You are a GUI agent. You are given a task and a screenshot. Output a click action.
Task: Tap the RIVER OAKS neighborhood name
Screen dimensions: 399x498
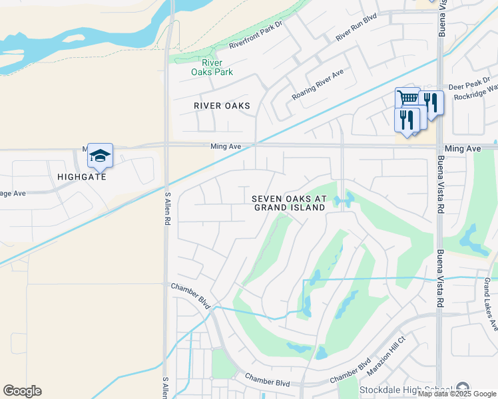click(222, 106)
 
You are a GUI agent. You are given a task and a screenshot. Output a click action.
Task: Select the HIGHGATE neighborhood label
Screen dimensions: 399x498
click(82, 177)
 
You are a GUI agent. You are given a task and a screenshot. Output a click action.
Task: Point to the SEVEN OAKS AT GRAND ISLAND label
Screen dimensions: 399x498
click(289, 203)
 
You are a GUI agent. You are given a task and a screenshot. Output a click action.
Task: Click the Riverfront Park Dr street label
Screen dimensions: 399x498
click(256, 39)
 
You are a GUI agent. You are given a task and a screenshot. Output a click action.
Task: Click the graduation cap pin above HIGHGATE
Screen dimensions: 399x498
click(100, 156)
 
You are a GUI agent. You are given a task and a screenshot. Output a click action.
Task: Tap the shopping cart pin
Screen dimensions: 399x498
click(407, 99)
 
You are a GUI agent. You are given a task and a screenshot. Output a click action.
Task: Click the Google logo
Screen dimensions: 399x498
click(22, 391)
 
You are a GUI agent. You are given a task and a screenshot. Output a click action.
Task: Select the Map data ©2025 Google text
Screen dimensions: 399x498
click(457, 394)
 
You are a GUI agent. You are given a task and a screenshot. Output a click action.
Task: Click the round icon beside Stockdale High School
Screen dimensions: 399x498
click(463, 389)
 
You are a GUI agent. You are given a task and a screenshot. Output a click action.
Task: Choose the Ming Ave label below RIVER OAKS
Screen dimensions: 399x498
click(224, 146)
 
